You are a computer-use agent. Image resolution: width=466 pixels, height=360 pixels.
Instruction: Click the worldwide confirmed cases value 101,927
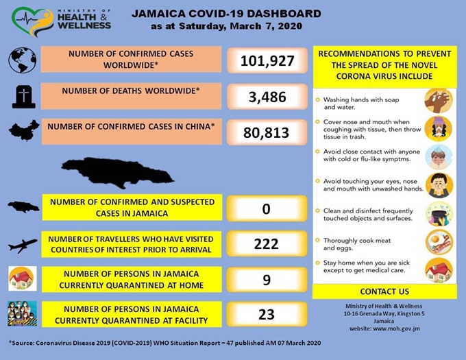(267, 61)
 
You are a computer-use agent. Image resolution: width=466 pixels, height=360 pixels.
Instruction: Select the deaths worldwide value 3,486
(267, 97)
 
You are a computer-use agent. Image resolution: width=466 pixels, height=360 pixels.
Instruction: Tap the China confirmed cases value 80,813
(267, 132)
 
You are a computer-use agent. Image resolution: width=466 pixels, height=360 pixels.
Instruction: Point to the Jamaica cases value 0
(267, 208)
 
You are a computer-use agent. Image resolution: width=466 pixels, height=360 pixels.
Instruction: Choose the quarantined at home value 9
(267, 279)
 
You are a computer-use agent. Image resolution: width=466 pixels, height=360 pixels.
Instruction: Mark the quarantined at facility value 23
(267, 314)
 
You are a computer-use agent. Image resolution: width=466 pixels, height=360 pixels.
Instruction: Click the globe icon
(22, 60)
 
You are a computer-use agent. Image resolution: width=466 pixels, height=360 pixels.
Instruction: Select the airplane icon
(23, 244)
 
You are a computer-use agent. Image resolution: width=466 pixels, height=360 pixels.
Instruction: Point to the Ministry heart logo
(32, 21)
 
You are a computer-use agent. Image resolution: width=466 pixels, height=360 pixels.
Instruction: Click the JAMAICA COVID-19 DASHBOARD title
(225, 13)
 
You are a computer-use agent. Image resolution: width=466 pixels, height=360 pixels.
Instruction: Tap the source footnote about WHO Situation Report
(164, 342)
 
